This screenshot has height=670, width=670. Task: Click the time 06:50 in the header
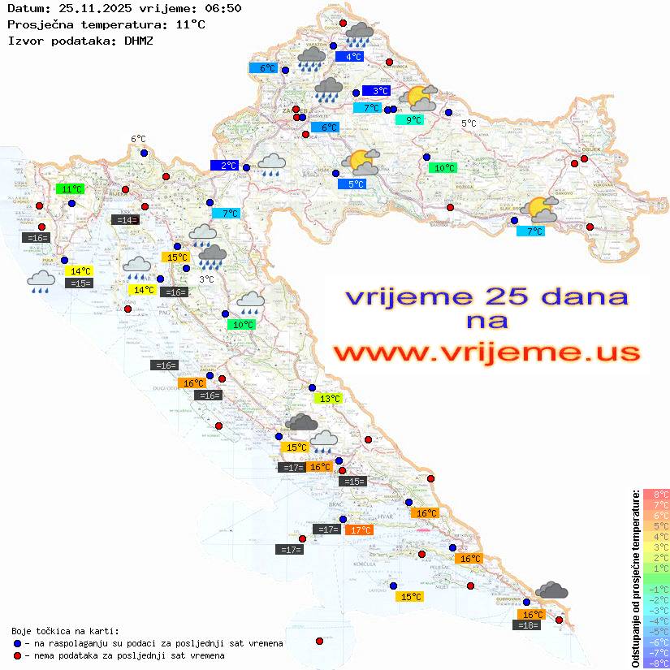[224, 9]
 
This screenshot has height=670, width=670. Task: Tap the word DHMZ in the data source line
[139, 39]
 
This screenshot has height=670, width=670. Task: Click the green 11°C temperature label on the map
[71, 188]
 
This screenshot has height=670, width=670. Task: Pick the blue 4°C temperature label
[353, 57]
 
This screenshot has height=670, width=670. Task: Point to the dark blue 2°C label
[224, 166]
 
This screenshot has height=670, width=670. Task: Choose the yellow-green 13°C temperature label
[328, 399]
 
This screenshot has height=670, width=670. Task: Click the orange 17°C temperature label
[358, 530]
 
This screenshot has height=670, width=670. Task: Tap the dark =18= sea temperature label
[528, 625]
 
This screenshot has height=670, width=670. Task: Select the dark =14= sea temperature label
[125, 219]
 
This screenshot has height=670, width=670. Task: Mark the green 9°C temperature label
[409, 120]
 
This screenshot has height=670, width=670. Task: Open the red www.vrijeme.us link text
[486, 352]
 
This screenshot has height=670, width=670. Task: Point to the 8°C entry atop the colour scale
[656, 494]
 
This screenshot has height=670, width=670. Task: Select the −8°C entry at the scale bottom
[656, 663]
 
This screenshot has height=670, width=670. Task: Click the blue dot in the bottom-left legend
[17, 643]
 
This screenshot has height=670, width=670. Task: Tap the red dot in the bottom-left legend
[17, 655]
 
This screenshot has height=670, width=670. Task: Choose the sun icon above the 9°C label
[421, 99]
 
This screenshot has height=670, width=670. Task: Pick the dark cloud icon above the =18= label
[551, 590]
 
